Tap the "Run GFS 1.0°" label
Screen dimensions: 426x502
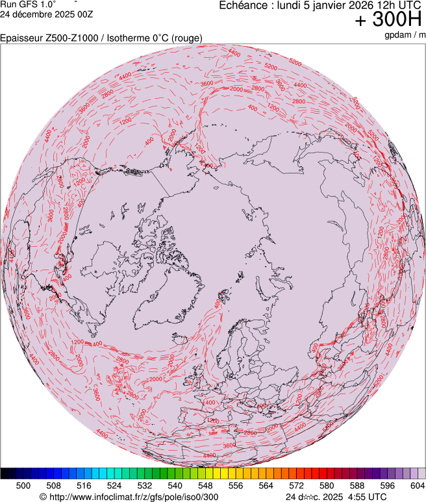[x=29, y=5]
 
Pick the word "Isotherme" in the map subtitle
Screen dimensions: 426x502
[x=128, y=38]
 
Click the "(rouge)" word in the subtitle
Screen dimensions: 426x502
[x=186, y=38]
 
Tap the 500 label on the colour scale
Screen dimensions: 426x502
[x=23, y=485]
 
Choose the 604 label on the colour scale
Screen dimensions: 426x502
[x=418, y=485]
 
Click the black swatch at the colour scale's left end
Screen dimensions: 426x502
[x=5, y=473]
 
